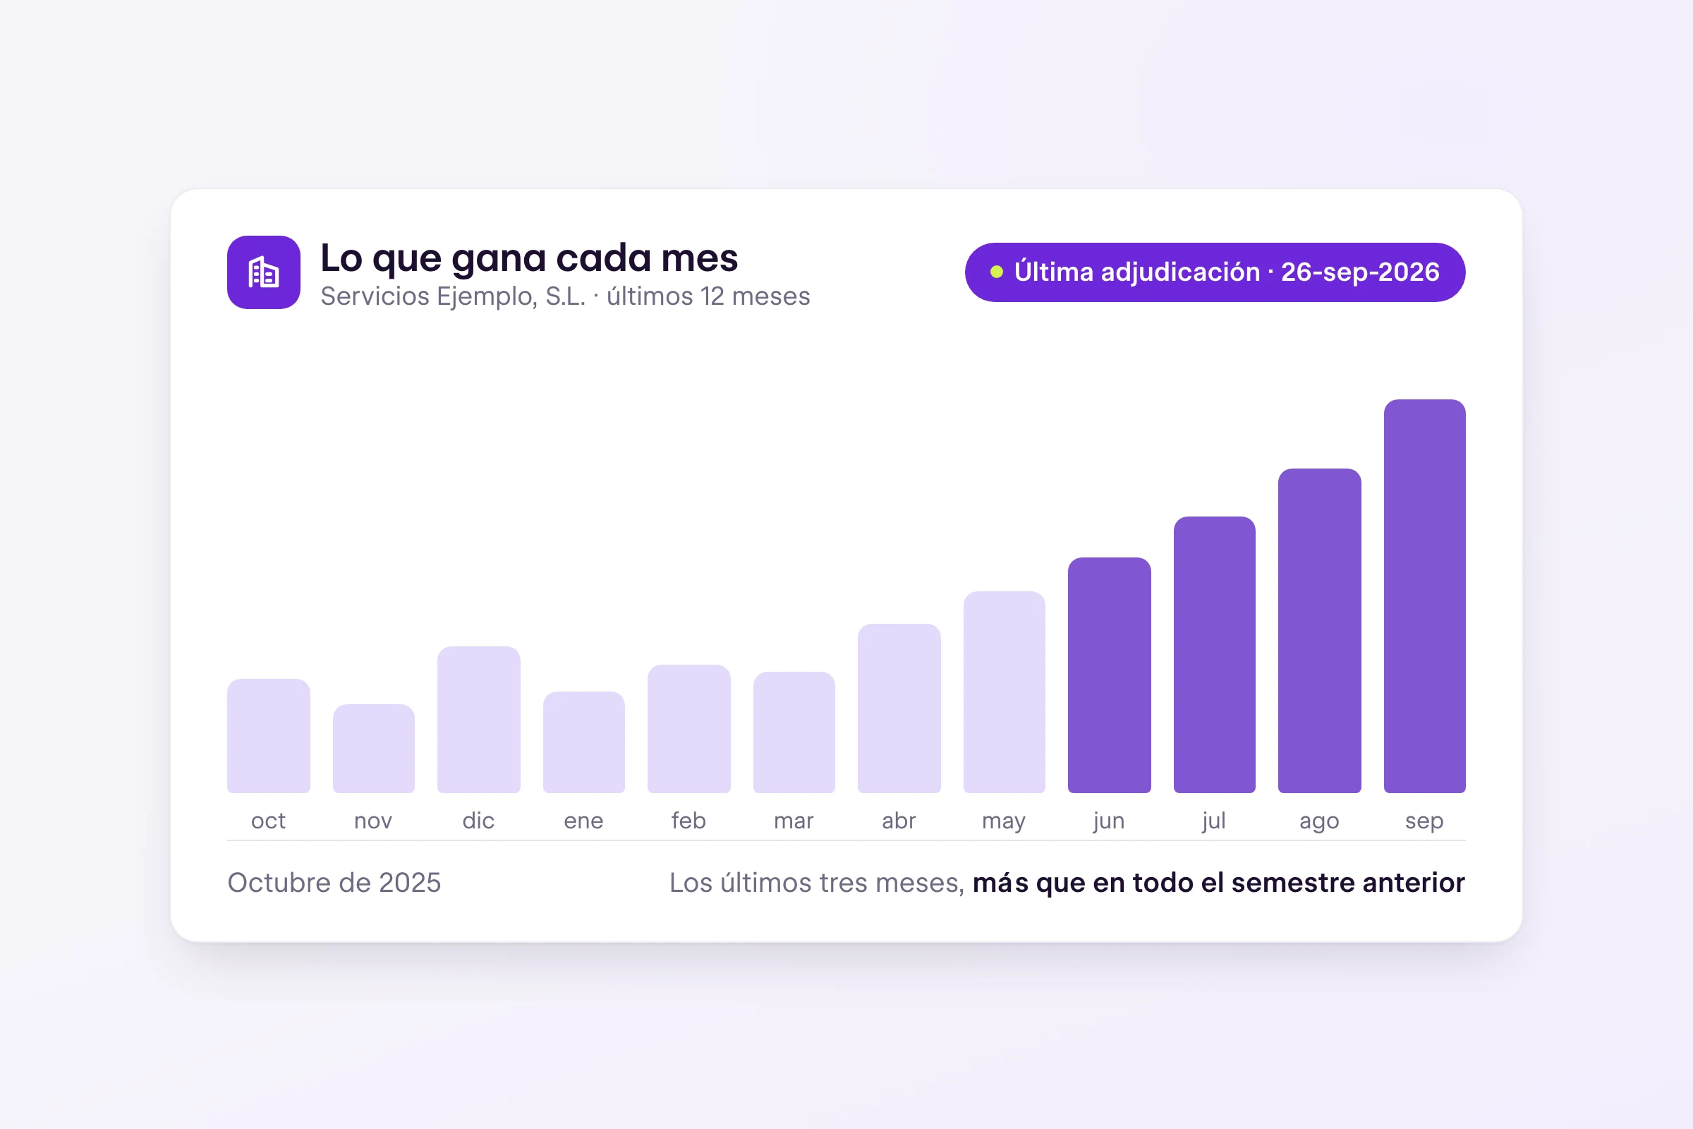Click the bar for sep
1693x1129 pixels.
click(x=1424, y=596)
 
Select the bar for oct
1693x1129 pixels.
click(x=269, y=736)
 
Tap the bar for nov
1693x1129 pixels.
click(x=374, y=749)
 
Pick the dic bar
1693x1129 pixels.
click(x=479, y=720)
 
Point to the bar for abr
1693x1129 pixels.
click(x=899, y=708)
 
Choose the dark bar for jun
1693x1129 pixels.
click(x=1109, y=675)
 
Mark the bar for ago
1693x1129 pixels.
click(x=1319, y=631)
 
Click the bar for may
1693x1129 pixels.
click(x=1004, y=693)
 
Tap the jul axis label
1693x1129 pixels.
click(x=1213, y=821)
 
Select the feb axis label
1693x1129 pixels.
click(x=689, y=820)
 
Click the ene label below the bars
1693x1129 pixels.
click(x=584, y=821)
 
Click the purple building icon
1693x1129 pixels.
click(x=263, y=272)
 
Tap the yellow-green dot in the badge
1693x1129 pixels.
click(x=997, y=272)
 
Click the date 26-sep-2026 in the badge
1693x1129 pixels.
click(x=1361, y=272)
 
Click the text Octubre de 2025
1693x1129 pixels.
click(x=334, y=883)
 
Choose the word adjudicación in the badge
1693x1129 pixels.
click(x=1180, y=273)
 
